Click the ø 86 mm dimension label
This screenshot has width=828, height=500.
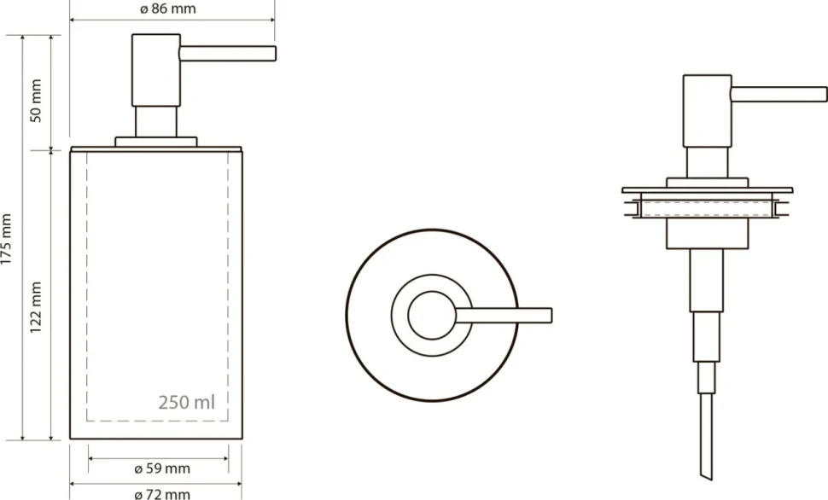coord(168,9)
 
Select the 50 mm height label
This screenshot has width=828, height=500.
coord(36,101)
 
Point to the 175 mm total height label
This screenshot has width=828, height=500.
coord(6,239)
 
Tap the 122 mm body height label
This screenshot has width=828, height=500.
coord(36,307)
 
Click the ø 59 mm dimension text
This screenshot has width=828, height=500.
coord(162,468)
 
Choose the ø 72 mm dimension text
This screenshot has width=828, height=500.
coord(162,494)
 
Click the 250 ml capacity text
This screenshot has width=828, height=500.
coord(187,403)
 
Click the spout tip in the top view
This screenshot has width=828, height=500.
coord(551,315)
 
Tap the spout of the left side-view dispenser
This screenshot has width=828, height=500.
coord(228,53)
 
